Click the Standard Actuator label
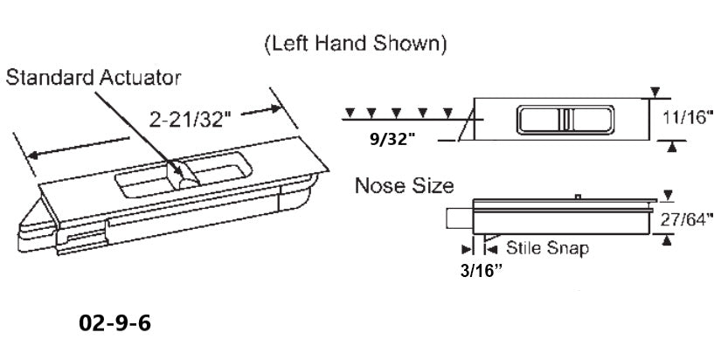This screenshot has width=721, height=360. (x=94, y=79)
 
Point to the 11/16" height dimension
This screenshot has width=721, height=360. (x=687, y=119)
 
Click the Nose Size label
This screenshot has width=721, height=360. (x=404, y=185)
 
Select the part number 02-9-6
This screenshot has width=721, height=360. (x=114, y=323)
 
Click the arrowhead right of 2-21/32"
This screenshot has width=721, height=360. (x=279, y=108)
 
